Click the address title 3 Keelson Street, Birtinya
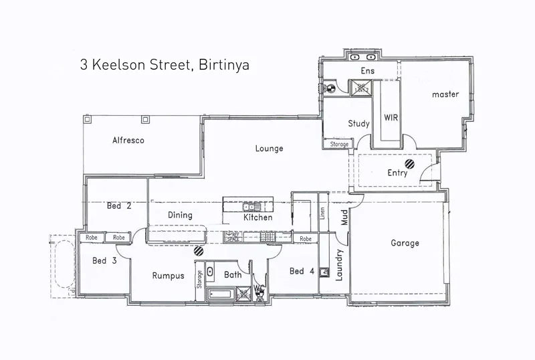165,66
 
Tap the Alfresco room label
128,141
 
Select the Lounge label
269,149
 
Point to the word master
445,94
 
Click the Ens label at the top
368,71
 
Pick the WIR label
391,117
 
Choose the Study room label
359,124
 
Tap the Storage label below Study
339,144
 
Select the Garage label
405,244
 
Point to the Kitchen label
257,217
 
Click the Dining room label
180,215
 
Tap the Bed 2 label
118,206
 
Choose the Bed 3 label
104,261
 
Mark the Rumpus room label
168,276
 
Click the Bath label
233,275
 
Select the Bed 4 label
302,271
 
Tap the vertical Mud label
345,217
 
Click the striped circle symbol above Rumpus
199,251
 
